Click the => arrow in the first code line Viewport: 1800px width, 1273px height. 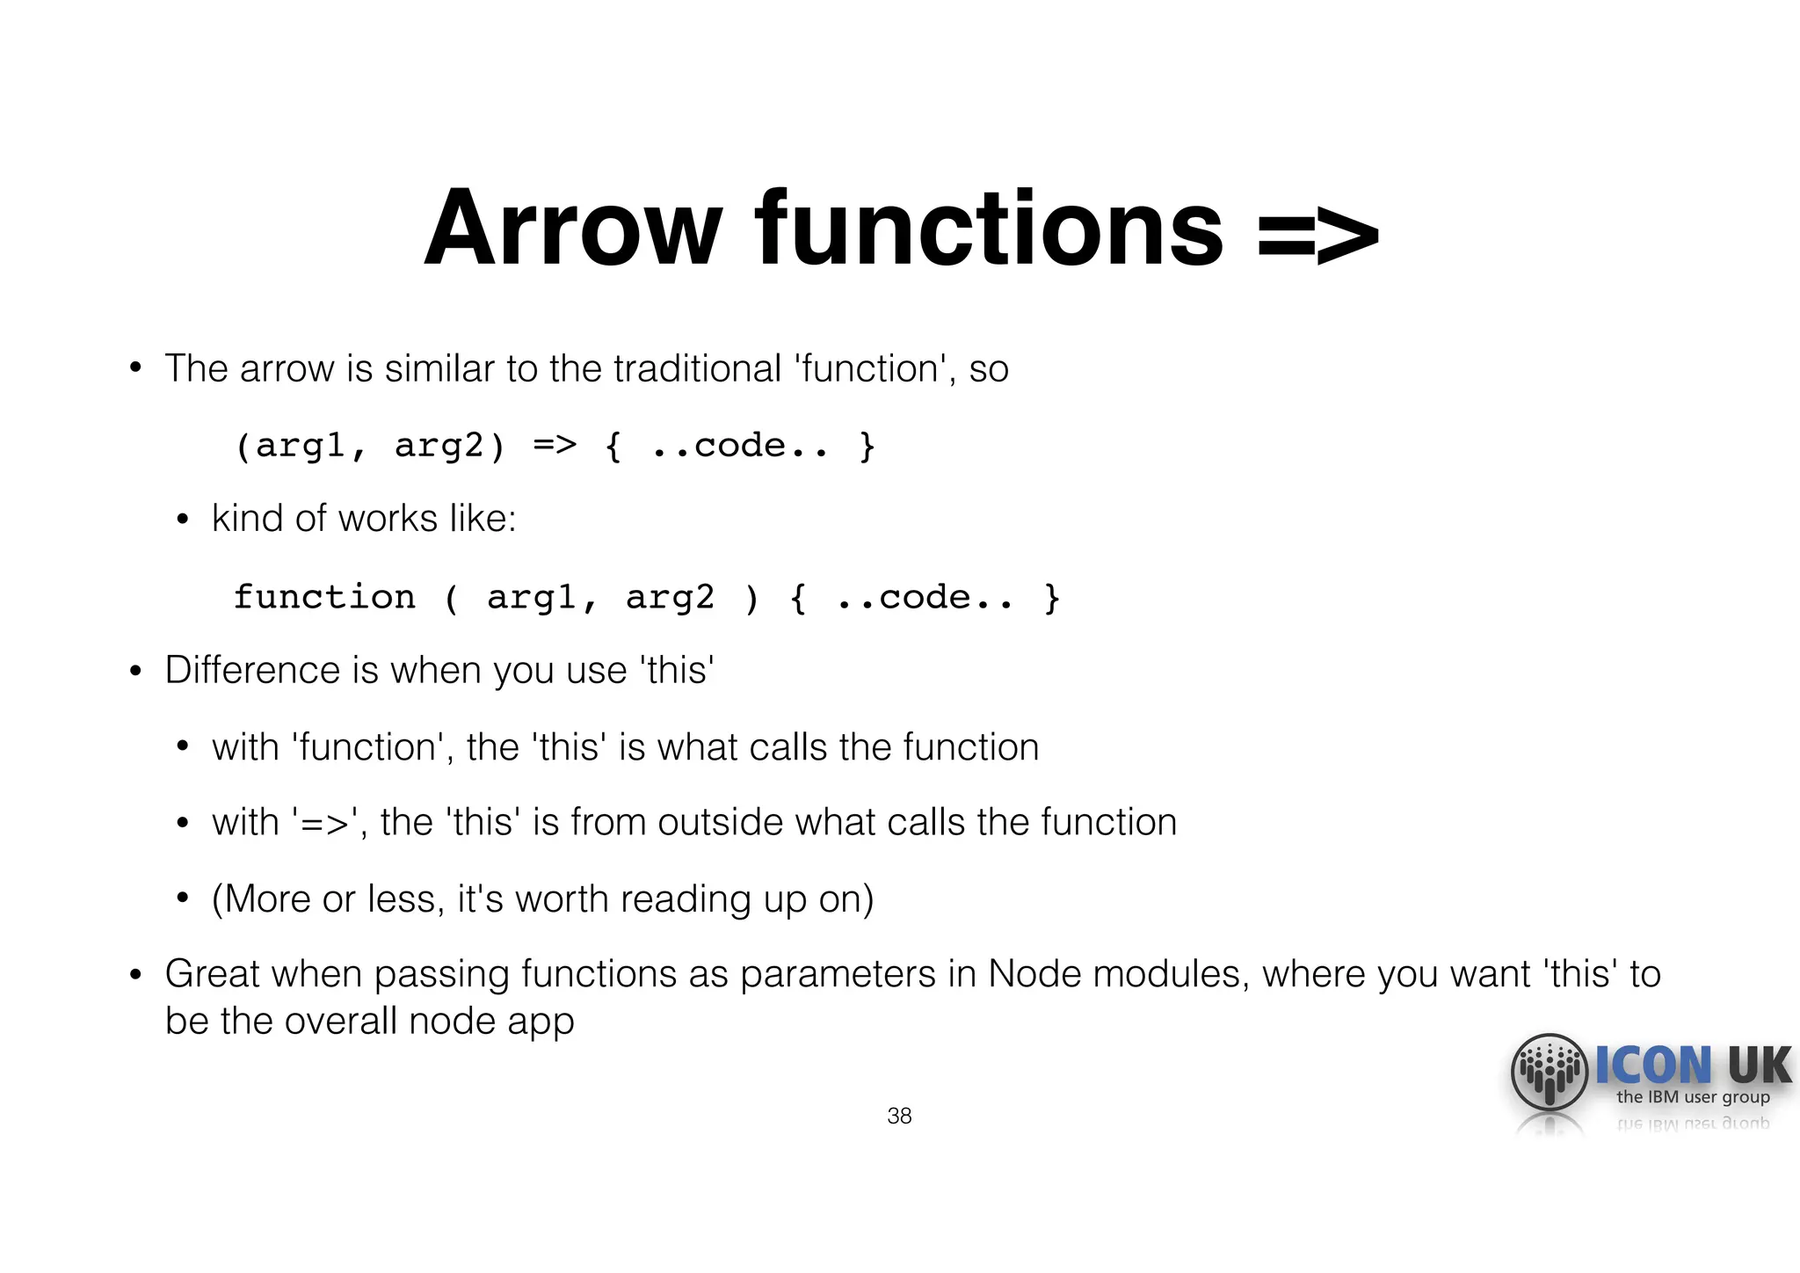point(555,445)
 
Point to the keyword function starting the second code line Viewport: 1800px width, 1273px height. point(324,597)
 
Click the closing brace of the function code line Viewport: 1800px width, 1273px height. point(1051,598)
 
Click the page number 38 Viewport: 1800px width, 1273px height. point(899,1116)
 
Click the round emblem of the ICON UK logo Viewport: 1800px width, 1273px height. point(1549,1072)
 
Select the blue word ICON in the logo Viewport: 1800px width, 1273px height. point(1653,1066)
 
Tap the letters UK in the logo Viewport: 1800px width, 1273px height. point(1758,1066)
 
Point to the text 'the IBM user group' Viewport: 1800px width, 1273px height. point(1693,1097)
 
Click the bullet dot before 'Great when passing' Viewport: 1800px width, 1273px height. point(135,974)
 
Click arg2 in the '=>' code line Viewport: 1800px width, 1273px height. point(448,446)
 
